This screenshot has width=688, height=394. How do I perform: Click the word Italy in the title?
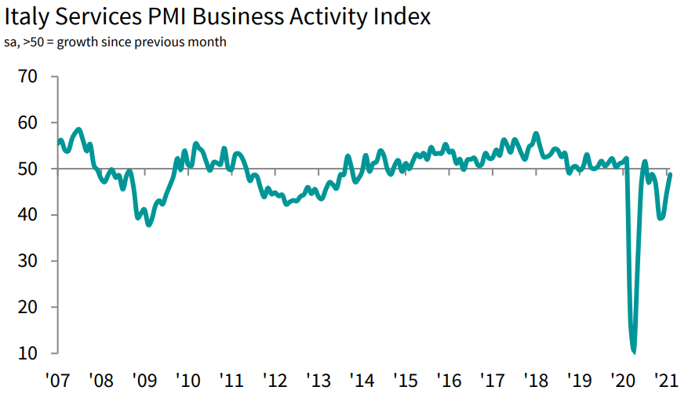32,16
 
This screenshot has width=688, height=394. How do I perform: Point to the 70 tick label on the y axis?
26,77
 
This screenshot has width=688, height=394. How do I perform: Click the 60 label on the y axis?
26,123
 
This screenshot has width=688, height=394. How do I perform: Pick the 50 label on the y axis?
26,169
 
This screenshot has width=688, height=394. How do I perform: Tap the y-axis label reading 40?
26,215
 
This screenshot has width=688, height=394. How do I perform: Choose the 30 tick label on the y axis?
26,261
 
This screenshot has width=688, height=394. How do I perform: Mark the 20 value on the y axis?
26,307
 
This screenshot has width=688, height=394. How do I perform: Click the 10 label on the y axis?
26,353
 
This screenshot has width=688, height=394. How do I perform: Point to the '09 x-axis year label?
145,380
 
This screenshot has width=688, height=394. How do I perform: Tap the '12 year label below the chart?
276,380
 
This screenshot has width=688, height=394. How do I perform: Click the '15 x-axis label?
406,380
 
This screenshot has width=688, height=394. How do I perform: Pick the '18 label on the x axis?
537,380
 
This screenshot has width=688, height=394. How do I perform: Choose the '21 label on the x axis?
667,380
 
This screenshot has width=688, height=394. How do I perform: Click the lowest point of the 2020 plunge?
633,352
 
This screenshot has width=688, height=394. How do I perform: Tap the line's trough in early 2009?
149,224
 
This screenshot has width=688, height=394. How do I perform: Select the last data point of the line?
670,174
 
